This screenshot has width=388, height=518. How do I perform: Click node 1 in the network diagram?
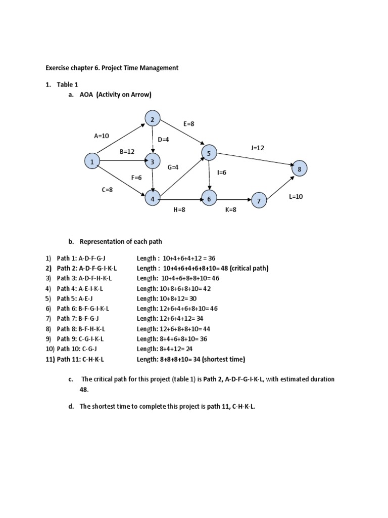coord(92,162)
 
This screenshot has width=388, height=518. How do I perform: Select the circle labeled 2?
coord(152,119)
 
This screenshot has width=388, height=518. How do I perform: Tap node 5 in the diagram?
coord(209,152)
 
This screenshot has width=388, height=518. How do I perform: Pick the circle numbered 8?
coord(299,169)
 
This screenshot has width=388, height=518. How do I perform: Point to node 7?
coord(259,201)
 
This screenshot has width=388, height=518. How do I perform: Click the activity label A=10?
coord(102,136)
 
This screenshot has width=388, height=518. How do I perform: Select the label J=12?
coord(258,148)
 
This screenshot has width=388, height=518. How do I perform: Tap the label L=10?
coord(296,196)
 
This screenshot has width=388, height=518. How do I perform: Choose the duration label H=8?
coord(180,209)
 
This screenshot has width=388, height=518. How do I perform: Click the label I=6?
coord(221,172)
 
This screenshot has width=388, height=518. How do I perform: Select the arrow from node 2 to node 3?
coord(152,141)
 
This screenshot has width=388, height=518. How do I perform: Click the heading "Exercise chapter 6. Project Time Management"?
coord(112,68)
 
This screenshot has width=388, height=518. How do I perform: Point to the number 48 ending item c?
coord(83,390)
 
